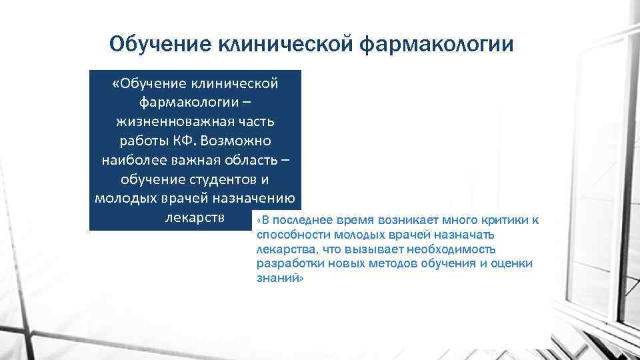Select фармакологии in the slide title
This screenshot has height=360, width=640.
437,44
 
